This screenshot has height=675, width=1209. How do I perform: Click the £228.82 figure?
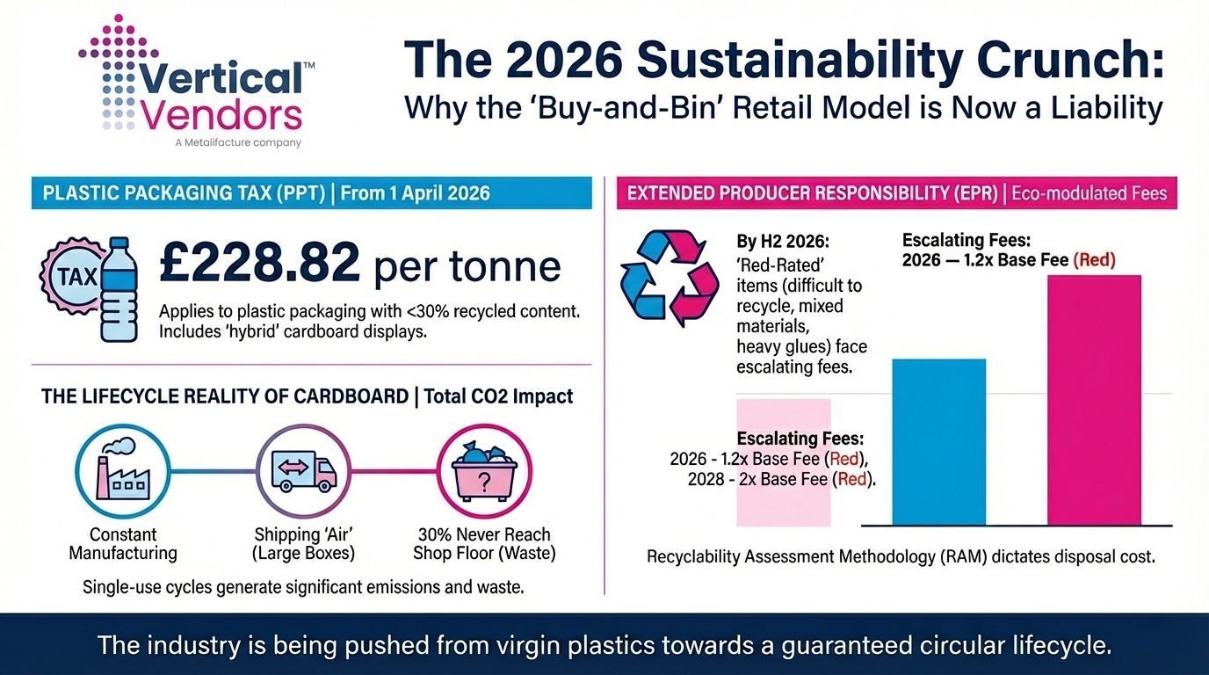[259, 262]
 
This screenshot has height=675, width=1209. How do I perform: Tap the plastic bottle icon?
[119, 289]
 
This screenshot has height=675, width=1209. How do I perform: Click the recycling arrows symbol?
[670, 278]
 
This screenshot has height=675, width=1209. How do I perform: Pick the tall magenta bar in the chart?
[1094, 400]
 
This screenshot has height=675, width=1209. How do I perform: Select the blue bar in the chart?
[939, 442]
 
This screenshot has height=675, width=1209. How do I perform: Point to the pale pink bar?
[784, 462]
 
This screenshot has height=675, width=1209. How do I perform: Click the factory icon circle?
[123, 471]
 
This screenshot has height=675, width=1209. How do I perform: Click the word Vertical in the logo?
[221, 77]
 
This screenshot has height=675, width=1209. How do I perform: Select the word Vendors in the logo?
[221, 114]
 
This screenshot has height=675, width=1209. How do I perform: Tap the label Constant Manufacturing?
[123, 544]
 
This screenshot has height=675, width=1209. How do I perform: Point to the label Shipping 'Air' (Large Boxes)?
[303, 544]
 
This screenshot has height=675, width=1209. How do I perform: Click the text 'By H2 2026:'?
[783, 241]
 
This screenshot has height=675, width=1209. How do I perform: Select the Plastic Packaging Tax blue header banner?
[311, 192]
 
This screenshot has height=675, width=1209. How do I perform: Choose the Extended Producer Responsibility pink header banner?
[897, 192]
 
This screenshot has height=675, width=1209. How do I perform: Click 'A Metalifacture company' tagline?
[238, 142]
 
